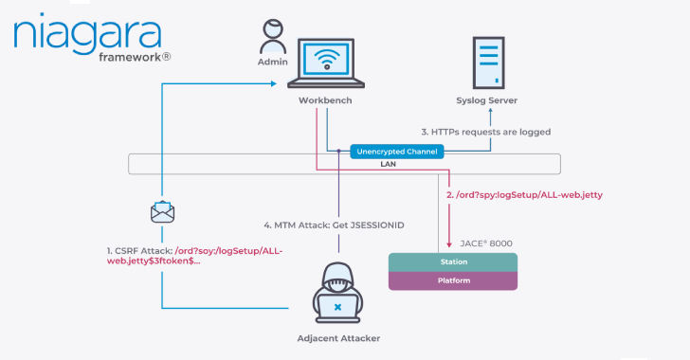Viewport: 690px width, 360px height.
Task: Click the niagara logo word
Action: [87, 34]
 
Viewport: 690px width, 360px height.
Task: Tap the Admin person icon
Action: [273, 37]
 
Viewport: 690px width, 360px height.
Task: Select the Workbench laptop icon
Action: [326, 63]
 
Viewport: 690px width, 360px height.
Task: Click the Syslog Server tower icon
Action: [488, 63]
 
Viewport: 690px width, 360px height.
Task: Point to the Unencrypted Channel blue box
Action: [397, 152]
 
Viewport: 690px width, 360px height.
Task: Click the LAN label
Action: [389, 164]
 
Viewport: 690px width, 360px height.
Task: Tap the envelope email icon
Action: [162, 212]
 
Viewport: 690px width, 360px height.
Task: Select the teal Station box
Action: [453, 261]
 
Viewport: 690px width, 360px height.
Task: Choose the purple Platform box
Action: [453, 280]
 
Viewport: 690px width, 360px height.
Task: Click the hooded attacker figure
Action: [338, 293]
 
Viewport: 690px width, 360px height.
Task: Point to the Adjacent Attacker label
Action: [338, 338]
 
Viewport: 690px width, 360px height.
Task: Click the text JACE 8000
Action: [486, 243]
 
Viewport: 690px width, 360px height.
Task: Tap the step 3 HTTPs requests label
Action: [486, 132]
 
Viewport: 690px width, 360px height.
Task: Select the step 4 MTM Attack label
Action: [334, 225]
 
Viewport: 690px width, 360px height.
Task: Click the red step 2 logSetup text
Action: [524, 195]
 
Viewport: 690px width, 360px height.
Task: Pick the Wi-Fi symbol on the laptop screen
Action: [326, 60]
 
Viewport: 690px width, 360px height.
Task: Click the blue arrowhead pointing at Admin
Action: [274, 83]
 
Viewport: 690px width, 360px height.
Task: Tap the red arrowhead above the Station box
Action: [449, 244]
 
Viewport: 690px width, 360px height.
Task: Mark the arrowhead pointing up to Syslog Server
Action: [490, 111]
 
